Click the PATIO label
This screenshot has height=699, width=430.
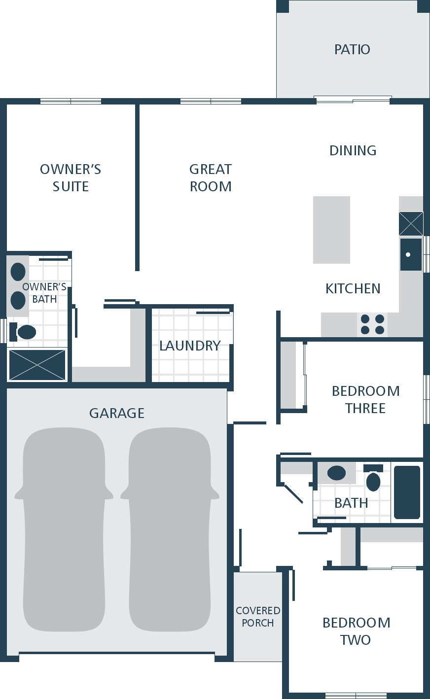tap(352, 49)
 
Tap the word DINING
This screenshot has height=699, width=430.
tap(353, 150)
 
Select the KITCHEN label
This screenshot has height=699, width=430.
tap(353, 289)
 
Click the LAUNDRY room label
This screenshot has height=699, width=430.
tap(190, 346)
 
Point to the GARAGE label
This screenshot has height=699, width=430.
tap(117, 413)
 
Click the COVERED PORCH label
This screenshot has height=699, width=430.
tap(257, 616)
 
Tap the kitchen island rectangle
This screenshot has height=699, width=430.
tap(332, 230)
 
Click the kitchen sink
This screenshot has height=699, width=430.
tap(411, 254)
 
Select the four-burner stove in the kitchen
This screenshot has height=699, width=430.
tap(372, 324)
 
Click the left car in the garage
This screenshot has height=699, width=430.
tap(64, 529)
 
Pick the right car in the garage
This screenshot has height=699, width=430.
tap(170, 529)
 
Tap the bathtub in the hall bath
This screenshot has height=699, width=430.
tap(407, 492)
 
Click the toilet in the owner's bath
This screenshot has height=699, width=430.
tap(23, 332)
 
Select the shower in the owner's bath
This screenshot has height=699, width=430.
tap(37, 365)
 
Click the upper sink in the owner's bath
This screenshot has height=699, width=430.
tap(18, 271)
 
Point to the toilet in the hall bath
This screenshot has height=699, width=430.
tap(373, 478)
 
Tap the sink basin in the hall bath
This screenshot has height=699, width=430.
tap(336, 473)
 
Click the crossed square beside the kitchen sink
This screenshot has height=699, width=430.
tap(411, 224)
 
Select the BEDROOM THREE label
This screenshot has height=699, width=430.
tap(365, 400)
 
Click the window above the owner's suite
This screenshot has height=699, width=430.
tap(71, 102)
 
